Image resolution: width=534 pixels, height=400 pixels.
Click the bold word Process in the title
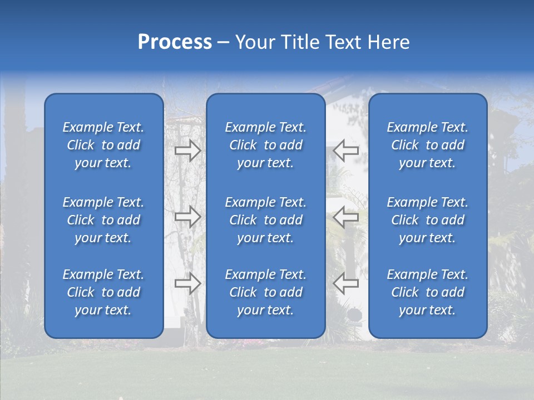(x=175, y=42)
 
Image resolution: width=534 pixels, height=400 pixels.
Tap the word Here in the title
(x=389, y=42)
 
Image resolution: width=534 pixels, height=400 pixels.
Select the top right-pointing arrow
(x=187, y=151)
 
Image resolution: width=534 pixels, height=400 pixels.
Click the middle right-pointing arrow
(x=187, y=217)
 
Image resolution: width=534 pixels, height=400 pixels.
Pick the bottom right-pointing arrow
(x=187, y=283)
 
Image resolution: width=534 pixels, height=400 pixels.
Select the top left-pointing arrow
(x=346, y=150)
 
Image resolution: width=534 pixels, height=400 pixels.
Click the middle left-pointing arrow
(x=346, y=217)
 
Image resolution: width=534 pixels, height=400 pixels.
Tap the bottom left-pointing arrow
(x=346, y=283)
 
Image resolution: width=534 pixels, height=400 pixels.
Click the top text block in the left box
(x=103, y=145)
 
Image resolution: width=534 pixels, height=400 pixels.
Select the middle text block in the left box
(x=103, y=220)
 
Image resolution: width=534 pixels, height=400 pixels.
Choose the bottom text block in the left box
(x=103, y=292)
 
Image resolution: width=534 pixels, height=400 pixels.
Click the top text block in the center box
(x=265, y=145)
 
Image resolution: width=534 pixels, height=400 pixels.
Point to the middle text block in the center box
(x=265, y=220)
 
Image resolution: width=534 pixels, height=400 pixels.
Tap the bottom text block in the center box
(x=265, y=292)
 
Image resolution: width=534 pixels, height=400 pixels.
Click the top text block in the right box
(x=427, y=145)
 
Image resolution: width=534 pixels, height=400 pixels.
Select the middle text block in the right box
(x=427, y=220)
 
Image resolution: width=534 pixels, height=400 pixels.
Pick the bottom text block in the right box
(x=427, y=292)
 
